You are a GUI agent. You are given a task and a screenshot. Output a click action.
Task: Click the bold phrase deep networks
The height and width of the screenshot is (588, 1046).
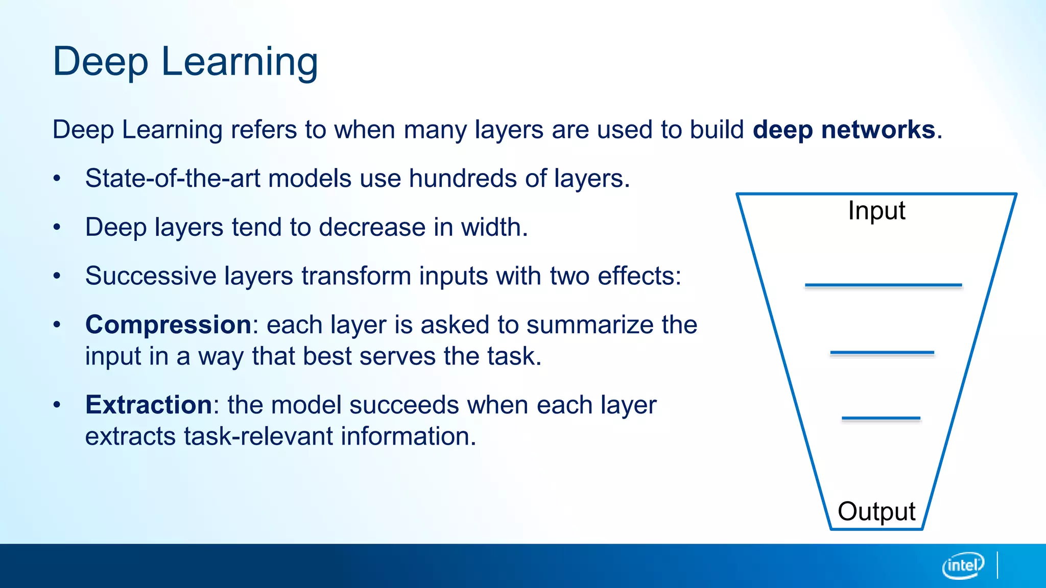[844, 130]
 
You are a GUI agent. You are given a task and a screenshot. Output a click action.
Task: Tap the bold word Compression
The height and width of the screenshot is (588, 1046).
[168, 325]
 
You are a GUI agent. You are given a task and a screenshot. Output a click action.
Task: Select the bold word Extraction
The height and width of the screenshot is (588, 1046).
[148, 405]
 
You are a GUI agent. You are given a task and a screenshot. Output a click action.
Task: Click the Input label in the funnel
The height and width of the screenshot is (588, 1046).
[876, 211]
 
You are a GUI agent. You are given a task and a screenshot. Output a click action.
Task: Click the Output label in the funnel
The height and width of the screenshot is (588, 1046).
[876, 511]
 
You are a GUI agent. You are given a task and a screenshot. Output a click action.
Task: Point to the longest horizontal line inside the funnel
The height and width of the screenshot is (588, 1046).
[883, 285]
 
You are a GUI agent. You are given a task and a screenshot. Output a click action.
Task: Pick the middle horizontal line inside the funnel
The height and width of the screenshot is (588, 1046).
[882, 352]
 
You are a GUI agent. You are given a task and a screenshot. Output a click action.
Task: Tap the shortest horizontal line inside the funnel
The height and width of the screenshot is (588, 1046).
[881, 418]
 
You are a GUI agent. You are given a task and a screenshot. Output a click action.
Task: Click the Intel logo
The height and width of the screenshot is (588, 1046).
[963, 566]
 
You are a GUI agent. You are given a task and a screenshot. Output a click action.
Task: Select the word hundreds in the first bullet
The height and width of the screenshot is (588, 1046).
[463, 179]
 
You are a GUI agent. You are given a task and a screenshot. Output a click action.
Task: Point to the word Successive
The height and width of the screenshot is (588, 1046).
[150, 276]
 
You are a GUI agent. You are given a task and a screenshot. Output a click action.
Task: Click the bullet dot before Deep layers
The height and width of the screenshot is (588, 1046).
[57, 228]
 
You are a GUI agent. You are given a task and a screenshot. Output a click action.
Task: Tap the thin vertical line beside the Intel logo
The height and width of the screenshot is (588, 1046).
[997, 565]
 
